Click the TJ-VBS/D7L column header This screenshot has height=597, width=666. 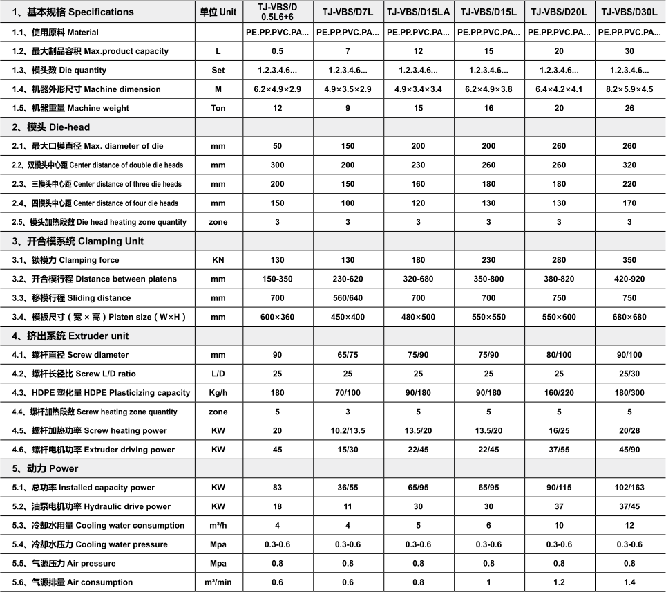pos(348,12)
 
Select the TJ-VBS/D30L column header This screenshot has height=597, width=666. pos(629,12)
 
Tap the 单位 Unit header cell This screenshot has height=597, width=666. pos(218,12)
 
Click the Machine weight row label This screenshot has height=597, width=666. pos(80,108)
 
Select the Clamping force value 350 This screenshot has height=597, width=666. pos(629,260)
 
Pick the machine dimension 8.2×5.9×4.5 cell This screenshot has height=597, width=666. pos(629,89)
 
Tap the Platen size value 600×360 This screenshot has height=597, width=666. pos(277,317)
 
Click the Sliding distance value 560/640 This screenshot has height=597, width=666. pos(348,298)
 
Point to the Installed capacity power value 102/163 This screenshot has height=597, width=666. pos(629,488)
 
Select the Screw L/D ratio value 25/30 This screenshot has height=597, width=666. pos(629,374)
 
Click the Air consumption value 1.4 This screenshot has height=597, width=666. pos(629,582)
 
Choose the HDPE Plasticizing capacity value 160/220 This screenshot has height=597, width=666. pos(559,393)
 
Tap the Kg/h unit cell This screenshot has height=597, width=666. pos(218,393)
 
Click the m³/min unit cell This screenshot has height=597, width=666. pos(218,582)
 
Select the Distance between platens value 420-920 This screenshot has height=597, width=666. pos(629,279)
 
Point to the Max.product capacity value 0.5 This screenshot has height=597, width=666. pos(277,51)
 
